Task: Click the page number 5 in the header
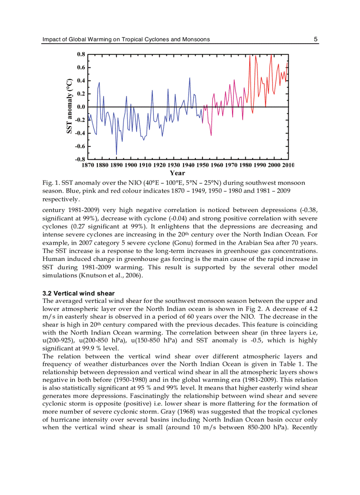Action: point(315,39)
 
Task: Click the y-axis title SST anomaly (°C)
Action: point(69,106)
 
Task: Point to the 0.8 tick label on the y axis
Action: point(81,55)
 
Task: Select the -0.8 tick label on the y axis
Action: point(80,159)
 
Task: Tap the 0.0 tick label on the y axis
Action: point(81,107)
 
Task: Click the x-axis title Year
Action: point(177,173)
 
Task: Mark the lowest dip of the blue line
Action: point(116,154)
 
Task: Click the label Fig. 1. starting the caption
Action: point(51,183)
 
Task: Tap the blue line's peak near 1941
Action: point(190,78)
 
